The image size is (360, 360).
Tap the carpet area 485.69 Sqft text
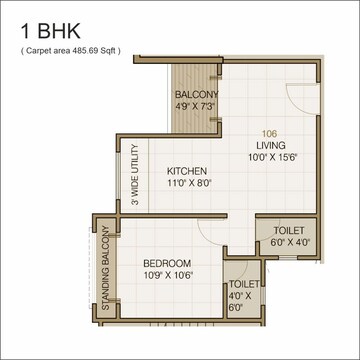(69, 49)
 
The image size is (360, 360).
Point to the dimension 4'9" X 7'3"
(196, 107)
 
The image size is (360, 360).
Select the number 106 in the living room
(269, 134)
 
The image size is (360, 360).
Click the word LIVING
(270, 145)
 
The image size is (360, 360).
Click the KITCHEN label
(188, 170)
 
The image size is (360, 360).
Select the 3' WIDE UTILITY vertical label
(134, 177)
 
